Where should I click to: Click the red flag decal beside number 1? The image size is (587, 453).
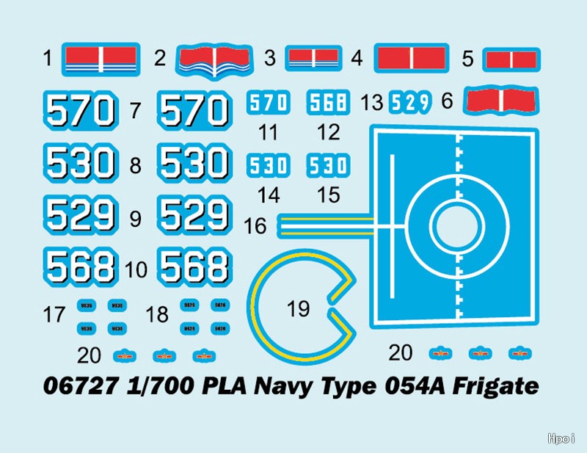[101, 58]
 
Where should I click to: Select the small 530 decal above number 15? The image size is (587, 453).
[327, 164]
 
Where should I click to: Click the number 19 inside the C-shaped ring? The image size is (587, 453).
[299, 309]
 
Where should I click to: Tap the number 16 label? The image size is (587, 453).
[255, 226]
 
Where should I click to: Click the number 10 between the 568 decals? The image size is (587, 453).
[136, 270]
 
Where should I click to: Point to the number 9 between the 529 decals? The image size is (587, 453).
[135, 218]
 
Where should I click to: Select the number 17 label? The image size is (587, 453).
[54, 316]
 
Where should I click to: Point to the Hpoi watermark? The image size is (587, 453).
[563, 438]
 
